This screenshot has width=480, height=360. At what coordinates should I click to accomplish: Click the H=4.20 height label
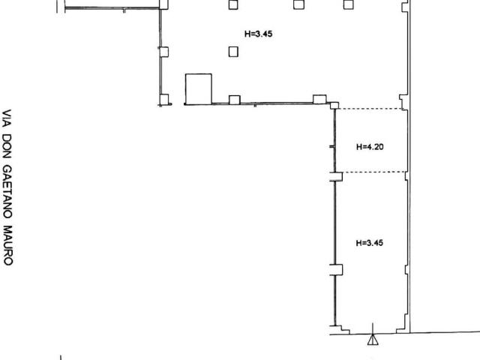[370, 147]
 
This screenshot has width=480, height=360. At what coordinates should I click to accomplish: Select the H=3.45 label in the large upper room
[258, 34]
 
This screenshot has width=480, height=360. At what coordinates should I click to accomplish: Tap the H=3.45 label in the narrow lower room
[370, 243]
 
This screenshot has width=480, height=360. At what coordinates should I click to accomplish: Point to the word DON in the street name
[7, 146]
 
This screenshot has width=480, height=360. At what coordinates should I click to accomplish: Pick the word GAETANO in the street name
[7, 192]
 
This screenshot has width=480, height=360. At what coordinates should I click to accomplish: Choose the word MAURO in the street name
[7, 245]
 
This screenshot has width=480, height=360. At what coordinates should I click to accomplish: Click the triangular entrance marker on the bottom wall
[373, 340]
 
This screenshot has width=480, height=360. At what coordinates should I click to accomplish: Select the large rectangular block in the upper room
[198, 89]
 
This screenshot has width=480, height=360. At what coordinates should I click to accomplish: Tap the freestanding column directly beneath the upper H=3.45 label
[233, 52]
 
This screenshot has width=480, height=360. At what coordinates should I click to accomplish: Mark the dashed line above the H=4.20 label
[370, 109]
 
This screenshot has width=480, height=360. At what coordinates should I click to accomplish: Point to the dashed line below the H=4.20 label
[374, 172]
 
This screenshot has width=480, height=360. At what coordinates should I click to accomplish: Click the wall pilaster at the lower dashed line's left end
[336, 177]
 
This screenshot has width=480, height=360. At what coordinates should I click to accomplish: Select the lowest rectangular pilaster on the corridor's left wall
[336, 270]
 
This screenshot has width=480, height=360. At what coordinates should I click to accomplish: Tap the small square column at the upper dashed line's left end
[334, 106]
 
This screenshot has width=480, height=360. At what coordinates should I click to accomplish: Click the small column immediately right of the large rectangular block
[235, 100]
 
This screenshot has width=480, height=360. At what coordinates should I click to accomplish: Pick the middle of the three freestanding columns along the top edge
[298, 4]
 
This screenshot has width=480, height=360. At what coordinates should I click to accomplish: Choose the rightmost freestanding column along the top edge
[348, 4]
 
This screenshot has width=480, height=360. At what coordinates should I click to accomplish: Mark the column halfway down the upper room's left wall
[163, 52]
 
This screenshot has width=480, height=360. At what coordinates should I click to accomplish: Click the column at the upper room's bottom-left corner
[163, 100]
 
